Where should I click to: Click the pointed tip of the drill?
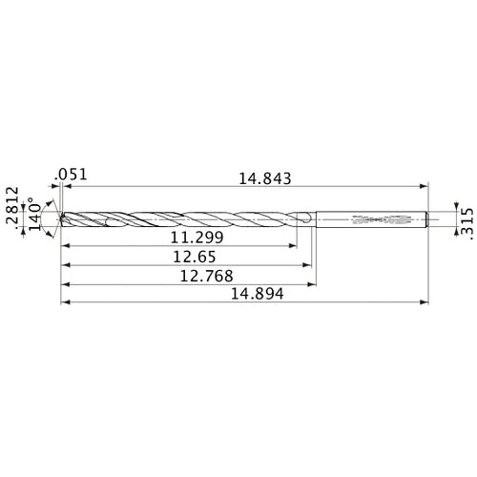(61, 218)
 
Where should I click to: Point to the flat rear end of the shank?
(425, 218)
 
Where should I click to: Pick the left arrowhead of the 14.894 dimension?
(64, 304)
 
